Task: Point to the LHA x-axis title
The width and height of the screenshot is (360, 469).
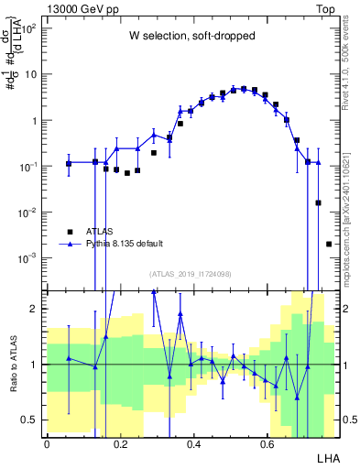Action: click(x=327, y=457)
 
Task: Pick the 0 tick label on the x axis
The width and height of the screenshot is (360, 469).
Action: click(x=47, y=443)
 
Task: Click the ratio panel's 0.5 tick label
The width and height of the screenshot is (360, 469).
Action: click(x=32, y=420)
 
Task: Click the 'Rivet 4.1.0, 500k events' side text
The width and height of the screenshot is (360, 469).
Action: click(x=349, y=64)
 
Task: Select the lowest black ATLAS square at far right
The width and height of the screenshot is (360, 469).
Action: click(x=329, y=244)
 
